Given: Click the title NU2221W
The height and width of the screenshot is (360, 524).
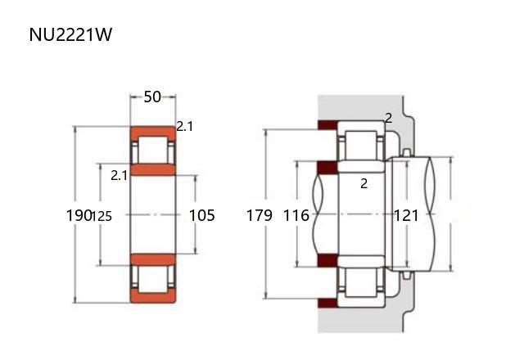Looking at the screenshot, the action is click(70, 34).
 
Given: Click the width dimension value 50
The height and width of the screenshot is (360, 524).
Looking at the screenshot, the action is click(152, 97).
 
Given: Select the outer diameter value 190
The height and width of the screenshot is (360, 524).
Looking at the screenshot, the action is click(79, 215).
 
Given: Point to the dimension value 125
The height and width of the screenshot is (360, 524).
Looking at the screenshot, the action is click(102, 216).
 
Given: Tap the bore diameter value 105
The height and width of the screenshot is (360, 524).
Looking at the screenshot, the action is click(202, 215).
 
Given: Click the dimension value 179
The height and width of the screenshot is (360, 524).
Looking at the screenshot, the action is click(260, 215).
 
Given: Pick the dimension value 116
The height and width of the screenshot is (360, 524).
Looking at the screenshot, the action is click(296, 215).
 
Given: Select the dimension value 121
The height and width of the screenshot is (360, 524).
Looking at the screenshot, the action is click(406, 215).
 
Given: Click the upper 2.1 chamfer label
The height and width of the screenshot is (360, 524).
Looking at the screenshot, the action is click(184, 127).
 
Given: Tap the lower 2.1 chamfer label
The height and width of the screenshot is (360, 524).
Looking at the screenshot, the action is click(119, 175).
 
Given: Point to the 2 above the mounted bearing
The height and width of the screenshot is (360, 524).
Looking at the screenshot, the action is click(388, 118).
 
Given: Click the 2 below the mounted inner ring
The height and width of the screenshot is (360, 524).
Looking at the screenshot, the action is click(364, 183).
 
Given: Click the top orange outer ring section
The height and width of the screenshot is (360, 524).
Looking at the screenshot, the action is click(153, 130).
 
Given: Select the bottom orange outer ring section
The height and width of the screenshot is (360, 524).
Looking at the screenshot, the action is click(153, 298).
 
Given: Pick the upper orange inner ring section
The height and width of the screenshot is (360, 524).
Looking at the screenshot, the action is click(153, 169).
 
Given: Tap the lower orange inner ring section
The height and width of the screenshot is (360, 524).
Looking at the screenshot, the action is click(153, 259).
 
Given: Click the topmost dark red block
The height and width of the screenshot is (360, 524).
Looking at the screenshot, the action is click(327, 125).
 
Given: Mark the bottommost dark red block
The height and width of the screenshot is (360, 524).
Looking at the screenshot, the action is click(327, 303).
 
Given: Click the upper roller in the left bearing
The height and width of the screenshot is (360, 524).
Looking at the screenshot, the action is click(153, 150).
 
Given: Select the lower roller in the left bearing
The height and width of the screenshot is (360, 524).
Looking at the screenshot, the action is click(153, 279).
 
